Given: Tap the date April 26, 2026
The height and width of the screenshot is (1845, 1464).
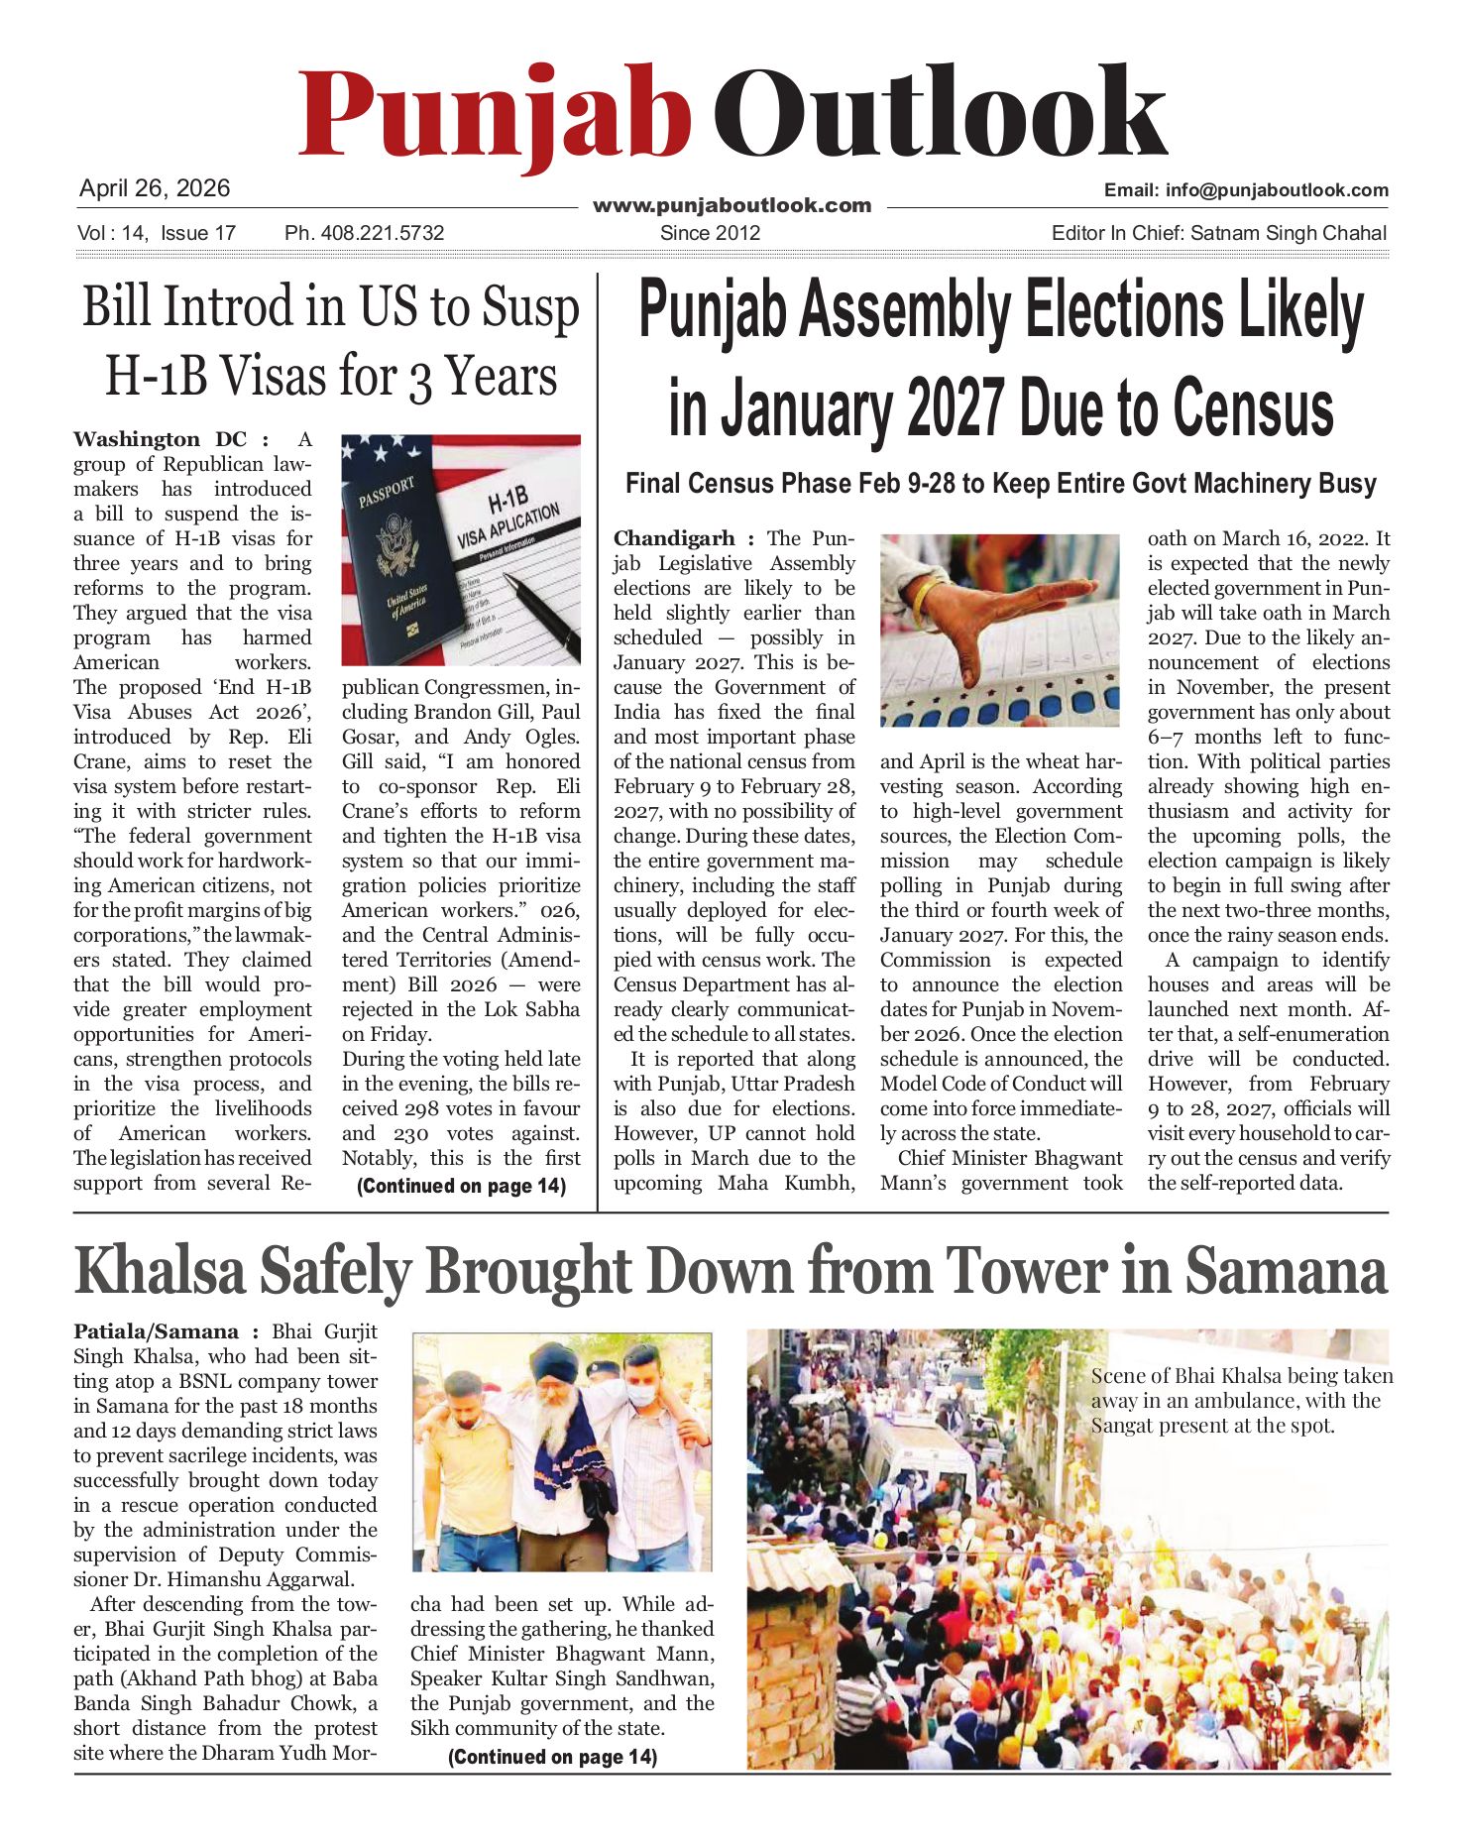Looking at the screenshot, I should pyautogui.click(x=155, y=188).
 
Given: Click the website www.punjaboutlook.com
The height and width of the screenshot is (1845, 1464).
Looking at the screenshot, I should pyautogui.click(x=732, y=206).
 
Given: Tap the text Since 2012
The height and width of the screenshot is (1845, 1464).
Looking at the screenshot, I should pyautogui.click(x=710, y=233).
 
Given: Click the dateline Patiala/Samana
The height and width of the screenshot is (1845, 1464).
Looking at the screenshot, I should pyautogui.click(x=156, y=1331).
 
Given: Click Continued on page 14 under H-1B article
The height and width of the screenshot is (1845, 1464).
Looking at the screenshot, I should pyautogui.click(x=461, y=1186).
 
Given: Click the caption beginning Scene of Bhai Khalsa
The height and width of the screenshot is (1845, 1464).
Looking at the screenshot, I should pyautogui.click(x=1241, y=1401).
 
